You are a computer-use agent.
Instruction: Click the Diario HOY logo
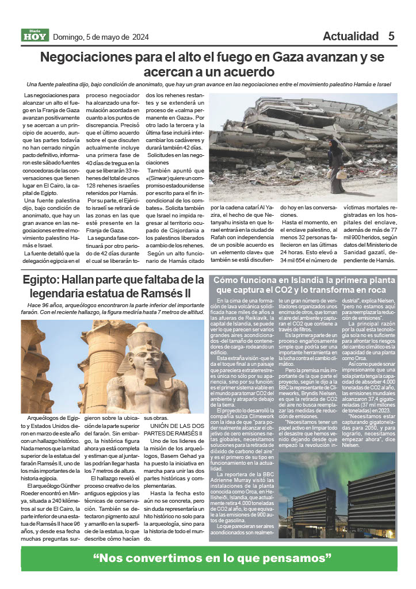35,36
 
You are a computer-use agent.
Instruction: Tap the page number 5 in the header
391,36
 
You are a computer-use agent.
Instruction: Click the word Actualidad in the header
350,36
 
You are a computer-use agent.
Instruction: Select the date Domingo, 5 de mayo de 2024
101,37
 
